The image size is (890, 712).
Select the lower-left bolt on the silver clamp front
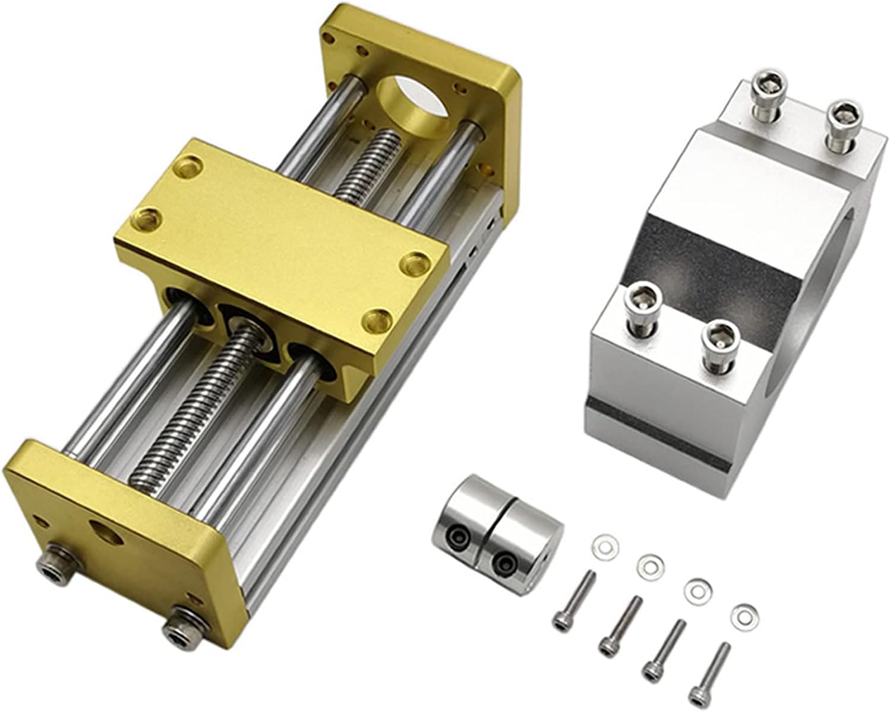tap(643, 297)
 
